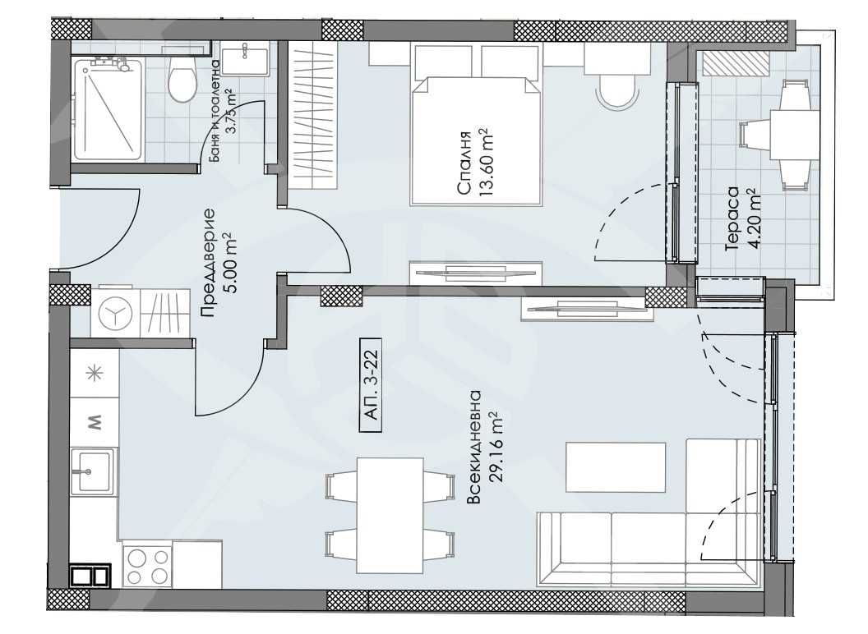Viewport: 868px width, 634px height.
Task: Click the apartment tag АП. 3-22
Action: (370, 385)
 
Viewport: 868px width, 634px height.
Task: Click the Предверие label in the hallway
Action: (209, 263)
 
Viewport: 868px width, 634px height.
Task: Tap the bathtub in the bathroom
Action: (106, 108)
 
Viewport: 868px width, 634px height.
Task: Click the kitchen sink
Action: (93, 471)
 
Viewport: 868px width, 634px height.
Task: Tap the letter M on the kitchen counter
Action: (95, 422)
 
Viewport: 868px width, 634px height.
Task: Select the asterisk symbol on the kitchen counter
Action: (95, 372)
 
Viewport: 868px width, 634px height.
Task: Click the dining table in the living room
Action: (390, 516)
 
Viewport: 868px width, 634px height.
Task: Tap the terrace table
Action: (794, 136)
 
